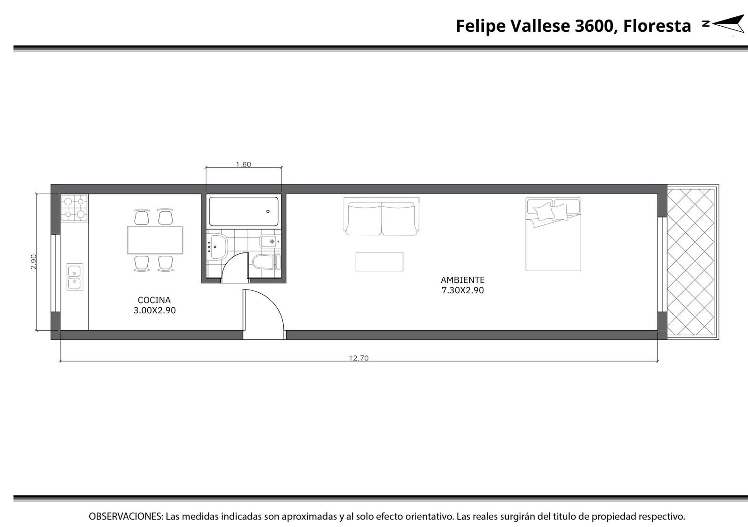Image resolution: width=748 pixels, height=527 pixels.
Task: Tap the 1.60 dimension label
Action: click(244, 164)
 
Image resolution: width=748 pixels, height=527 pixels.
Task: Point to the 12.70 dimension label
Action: click(359, 358)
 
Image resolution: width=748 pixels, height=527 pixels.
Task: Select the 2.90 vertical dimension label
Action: click(34, 262)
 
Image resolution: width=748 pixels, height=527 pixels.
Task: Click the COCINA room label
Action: click(154, 300)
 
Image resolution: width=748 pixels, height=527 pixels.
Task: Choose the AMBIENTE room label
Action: click(462, 280)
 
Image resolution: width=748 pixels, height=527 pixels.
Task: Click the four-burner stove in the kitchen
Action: click(74, 208)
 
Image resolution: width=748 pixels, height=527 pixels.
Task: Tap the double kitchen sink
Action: click(75, 277)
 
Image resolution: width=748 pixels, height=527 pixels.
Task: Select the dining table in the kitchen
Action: click(155, 240)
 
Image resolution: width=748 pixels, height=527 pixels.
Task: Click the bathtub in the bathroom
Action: click(244, 211)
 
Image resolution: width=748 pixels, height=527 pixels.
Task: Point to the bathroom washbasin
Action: click(217, 247)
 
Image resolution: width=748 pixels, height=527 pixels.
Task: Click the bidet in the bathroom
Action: click(270, 241)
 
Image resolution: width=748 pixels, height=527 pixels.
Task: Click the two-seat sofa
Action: click(381, 216)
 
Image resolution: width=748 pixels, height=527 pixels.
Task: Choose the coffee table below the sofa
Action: click(379, 262)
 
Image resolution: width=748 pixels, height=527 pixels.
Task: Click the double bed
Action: click(554, 234)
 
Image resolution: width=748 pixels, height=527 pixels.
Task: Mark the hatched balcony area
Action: click(690, 262)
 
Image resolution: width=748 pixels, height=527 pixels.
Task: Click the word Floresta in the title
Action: click(657, 26)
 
